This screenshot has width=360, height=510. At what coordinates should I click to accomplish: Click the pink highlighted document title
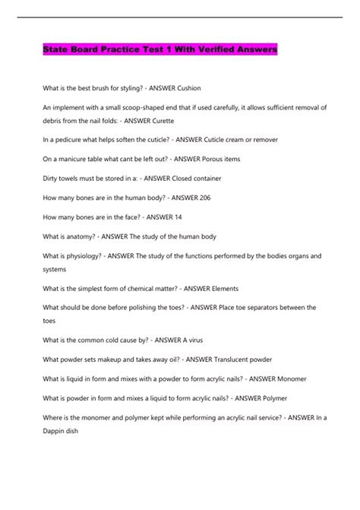[x=159, y=51]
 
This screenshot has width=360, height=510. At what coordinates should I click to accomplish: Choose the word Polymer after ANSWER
[x=295, y=398]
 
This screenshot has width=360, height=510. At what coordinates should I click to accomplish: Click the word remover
[x=261, y=140]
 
